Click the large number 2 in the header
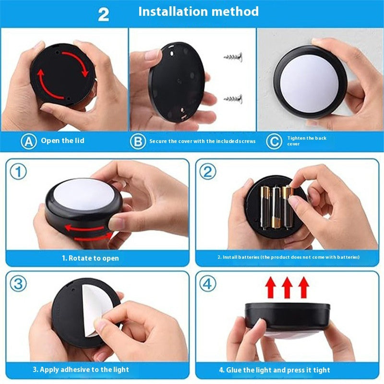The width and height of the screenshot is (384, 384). point(104,14)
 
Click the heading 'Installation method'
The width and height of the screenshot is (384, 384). point(198,12)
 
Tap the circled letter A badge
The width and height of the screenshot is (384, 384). point(28,141)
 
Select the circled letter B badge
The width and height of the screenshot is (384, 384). point(138,141)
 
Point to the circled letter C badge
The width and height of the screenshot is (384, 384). point(274,141)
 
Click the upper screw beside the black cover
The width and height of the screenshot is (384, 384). point(233,57)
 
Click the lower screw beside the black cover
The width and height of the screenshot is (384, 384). point(233,99)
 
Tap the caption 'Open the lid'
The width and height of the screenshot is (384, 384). point(63,141)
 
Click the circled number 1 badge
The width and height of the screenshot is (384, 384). point(18,171)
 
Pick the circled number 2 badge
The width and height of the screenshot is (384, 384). point(207,171)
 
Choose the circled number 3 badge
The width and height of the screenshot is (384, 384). point(18,284)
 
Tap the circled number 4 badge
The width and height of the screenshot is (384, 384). point(207,284)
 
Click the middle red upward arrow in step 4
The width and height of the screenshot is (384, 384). point(287,288)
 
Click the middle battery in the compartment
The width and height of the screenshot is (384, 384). point(276,207)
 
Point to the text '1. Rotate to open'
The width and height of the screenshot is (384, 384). point(90,258)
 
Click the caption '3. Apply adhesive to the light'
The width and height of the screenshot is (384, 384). point(81,370)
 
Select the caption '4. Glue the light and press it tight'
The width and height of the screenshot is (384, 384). point(274,370)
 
